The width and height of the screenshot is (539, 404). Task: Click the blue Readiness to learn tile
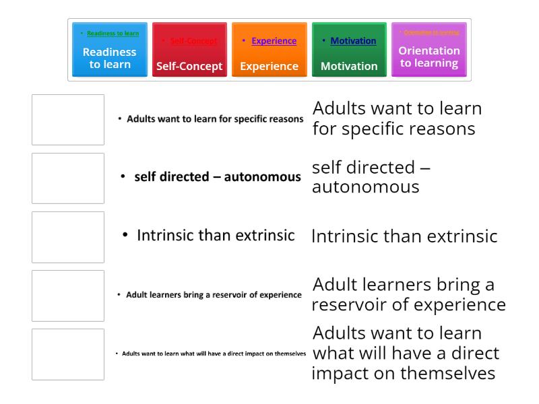(x=109, y=50)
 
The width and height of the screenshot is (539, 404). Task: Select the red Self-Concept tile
(x=189, y=50)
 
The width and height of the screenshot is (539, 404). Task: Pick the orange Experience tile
(x=269, y=50)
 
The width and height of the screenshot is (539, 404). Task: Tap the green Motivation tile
(x=349, y=50)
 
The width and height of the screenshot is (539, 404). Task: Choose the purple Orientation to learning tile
(x=429, y=50)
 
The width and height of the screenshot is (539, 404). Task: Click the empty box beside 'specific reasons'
(x=68, y=120)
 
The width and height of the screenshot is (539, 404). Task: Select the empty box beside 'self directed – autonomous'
(x=68, y=178)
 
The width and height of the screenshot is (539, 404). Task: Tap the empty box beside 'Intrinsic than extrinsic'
(x=68, y=237)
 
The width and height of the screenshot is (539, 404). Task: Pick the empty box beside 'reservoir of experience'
(x=68, y=296)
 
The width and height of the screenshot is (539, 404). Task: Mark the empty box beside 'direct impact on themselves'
(x=68, y=354)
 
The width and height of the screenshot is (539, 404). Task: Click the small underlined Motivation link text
(x=353, y=41)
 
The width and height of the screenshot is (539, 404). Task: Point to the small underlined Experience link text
(x=274, y=41)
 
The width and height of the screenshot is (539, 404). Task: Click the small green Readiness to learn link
(x=113, y=33)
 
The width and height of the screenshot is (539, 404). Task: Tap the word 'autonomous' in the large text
(x=365, y=187)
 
